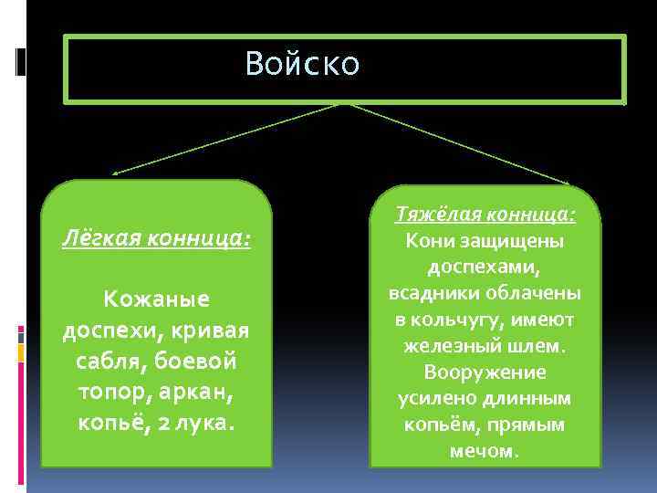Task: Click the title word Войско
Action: click(302, 64)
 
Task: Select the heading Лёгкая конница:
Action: click(156, 239)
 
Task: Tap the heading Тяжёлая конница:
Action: click(485, 215)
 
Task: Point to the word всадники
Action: click(433, 294)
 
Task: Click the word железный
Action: click(448, 347)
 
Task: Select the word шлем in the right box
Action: click(538, 347)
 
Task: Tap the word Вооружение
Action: click(485, 372)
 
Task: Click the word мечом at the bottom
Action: click(485, 451)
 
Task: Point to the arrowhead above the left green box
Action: click(114, 172)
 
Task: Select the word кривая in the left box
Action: click(217, 330)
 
